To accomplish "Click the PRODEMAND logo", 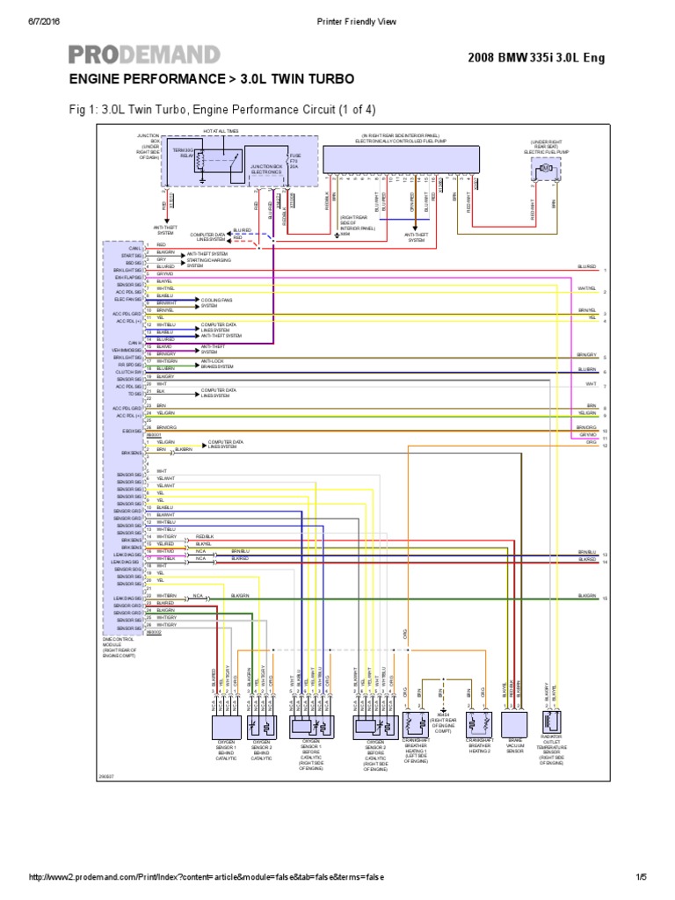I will (x=144, y=54).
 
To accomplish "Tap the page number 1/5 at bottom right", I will (x=639, y=877).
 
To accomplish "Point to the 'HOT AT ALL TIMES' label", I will (x=221, y=131).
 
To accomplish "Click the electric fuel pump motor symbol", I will (x=544, y=167).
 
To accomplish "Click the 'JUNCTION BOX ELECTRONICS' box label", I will (x=265, y=169).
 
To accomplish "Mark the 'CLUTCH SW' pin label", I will (x=128, y=370).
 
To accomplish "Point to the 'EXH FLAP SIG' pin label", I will (x=127, y=276).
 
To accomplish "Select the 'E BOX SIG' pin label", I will (x=132, y=431).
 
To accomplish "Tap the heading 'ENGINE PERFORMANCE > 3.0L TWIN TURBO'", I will (x=212, y=79).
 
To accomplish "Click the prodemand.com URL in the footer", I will (x=207, y=877).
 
